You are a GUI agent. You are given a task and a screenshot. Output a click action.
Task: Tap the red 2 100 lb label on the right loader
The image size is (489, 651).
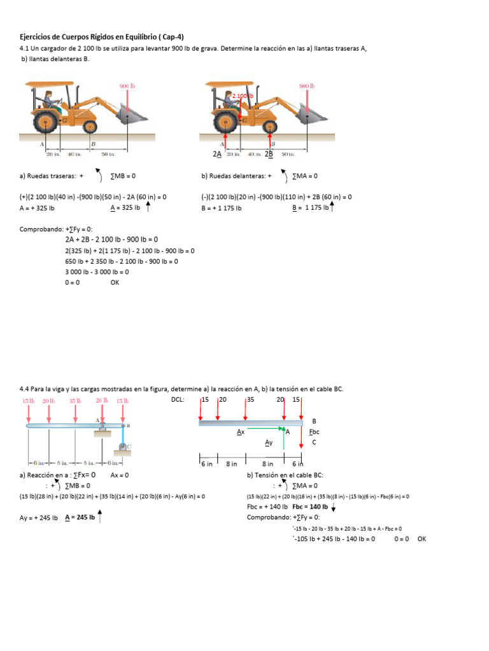[242, 95]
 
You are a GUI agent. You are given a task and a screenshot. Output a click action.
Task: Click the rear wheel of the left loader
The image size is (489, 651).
[46, 120]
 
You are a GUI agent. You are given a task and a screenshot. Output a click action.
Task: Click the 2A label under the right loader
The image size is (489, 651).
[217, 154]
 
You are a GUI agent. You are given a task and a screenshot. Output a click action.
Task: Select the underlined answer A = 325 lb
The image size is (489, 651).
[125, 208]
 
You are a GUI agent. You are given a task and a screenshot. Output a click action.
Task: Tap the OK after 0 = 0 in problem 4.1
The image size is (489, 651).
[115, 282]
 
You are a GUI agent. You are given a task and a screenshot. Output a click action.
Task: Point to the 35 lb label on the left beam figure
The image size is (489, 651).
[75, 401]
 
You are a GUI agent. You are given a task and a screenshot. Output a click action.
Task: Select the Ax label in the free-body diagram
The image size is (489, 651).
[241, 432]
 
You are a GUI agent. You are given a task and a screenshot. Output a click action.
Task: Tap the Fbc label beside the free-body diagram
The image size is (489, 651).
[313, 432]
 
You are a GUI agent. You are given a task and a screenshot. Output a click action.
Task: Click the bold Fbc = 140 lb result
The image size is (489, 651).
[310, 507]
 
